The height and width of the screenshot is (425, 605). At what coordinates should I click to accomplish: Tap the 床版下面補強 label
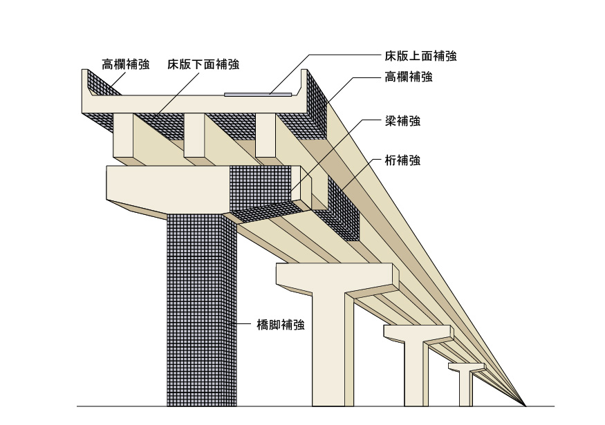[203, 65]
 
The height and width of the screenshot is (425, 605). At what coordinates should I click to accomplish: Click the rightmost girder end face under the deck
[266, 135]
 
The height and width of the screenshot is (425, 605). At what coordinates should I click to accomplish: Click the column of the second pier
[328, 352]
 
